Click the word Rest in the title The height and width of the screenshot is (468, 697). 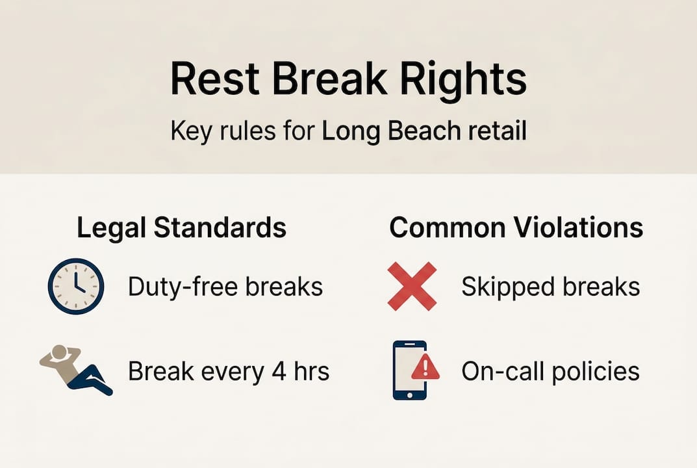213,80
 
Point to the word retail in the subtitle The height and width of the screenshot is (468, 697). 497,131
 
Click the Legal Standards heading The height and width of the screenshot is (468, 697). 181,227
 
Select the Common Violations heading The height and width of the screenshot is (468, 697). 516,227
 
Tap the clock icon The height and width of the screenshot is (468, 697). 76,286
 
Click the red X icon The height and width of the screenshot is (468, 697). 412,286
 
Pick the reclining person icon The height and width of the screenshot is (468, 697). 77,369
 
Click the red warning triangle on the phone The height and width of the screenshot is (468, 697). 425,369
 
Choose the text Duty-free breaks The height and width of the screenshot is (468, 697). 225,287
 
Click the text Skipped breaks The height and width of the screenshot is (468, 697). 550,287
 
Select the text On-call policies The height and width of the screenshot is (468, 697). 550,371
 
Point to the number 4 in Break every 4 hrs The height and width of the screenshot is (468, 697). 272,371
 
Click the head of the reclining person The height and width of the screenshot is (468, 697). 59,352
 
